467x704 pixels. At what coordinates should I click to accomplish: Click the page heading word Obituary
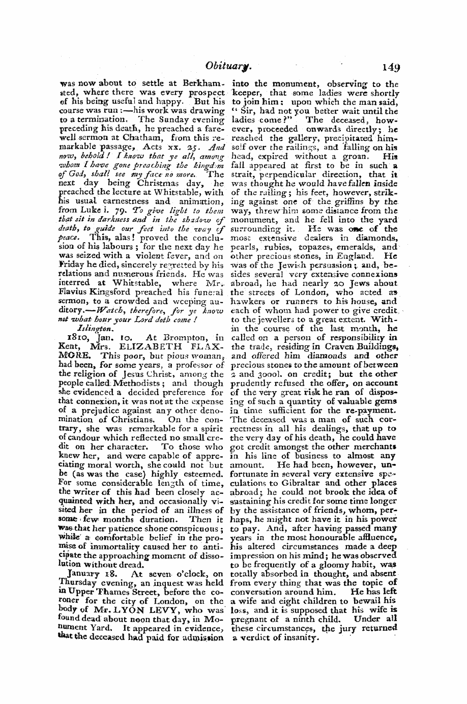tap(208, 66)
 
